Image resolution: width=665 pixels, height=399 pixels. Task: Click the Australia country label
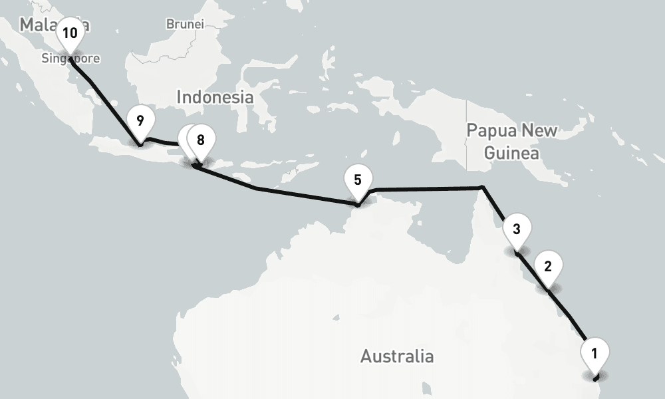pyautogui.click(x=397, y=356)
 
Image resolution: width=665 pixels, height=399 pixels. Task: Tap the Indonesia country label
pyautogui.click(x=215, y=97)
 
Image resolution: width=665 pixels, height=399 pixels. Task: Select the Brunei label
pyautogui.click(x=184, y=24)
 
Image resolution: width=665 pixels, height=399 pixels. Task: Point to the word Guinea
pyautogui.click(x=511, y=153)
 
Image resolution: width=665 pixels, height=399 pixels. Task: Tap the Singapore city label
pyautogui.click(x=70, y=59)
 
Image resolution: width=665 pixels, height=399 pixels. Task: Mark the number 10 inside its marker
pyautogui.click(x=70, y=32)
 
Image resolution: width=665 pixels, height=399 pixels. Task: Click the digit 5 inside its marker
pyautogui.click(x=358, y=180)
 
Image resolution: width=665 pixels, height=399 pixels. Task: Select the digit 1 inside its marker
pyautogui.click(x=595, y=352)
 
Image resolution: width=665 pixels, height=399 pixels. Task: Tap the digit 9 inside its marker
pyautogui.click(x=140, y=120)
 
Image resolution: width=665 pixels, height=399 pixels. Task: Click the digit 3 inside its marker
pyautogui.click(x=517, y=229)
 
